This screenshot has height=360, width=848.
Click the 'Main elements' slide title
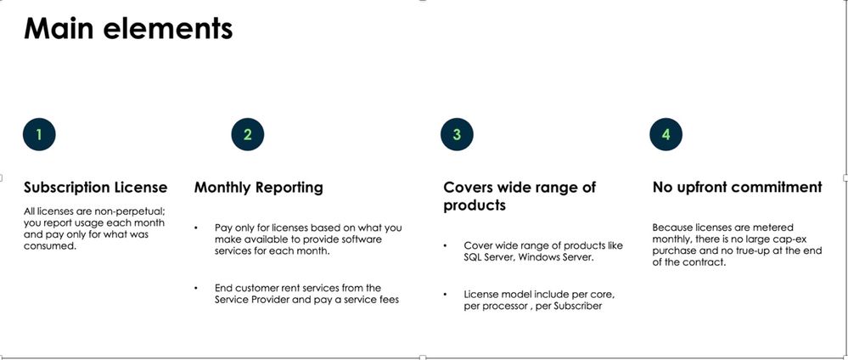click(128, 28)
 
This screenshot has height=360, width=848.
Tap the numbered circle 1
click(39, 134)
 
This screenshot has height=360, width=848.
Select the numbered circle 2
click(248, 134)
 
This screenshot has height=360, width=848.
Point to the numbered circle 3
click(457, 134)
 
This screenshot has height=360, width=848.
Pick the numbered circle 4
click(665, 134)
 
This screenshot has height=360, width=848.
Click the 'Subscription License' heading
click(96, 188)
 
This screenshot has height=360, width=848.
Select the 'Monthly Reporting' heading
click(259, 188)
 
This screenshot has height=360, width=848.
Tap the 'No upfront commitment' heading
click(737, 188)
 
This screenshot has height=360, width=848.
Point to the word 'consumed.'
click(50, 245)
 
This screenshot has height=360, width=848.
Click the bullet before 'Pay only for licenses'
click(196, 228)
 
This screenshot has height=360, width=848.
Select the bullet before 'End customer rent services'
click(196, 288)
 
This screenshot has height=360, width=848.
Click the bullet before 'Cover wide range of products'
click(445, 245)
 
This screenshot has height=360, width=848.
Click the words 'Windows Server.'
click(556, 257)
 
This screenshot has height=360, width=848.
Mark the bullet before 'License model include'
click(445, 295)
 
